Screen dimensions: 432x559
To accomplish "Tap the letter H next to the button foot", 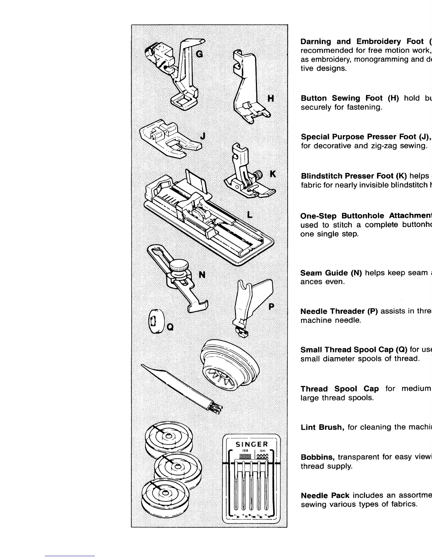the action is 270,98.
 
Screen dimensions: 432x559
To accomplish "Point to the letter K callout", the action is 272,174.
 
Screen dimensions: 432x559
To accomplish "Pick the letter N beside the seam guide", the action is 202,274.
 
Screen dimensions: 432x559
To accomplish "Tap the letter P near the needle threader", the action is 271,306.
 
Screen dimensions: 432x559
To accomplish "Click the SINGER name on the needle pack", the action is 252,444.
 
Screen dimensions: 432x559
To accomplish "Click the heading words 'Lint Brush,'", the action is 322,427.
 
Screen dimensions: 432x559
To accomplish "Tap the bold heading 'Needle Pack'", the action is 325,495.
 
